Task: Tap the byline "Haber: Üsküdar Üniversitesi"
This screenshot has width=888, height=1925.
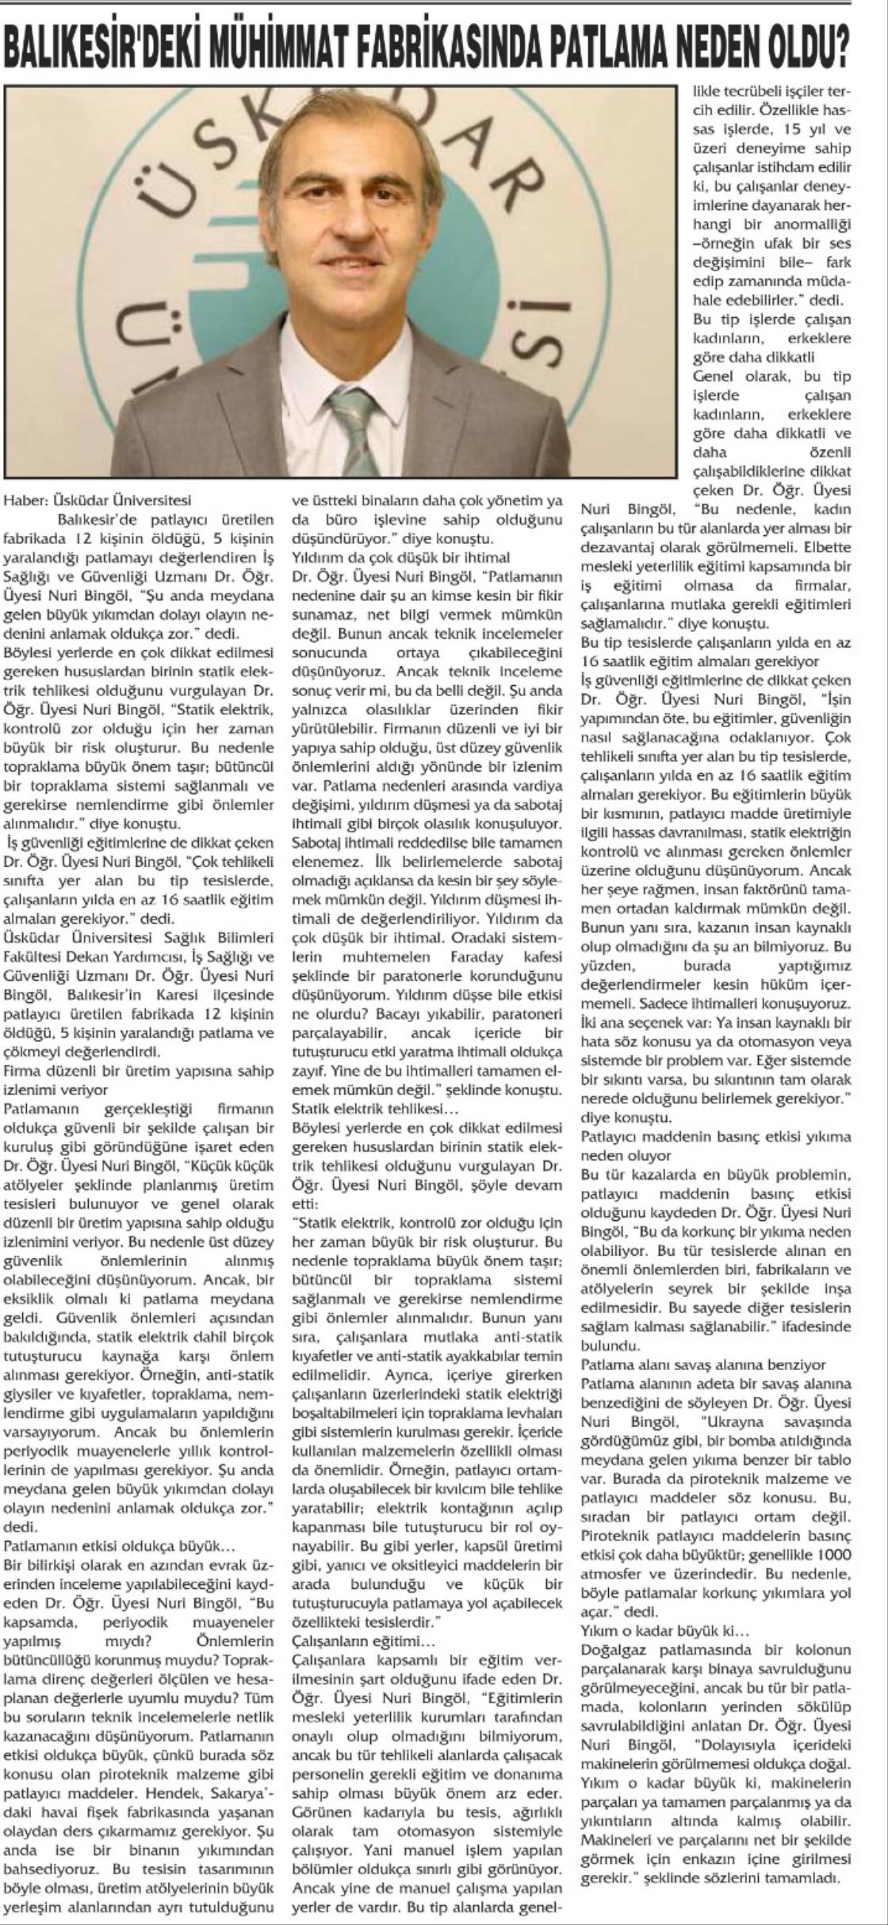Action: pyautogui.click(x=98, y=501)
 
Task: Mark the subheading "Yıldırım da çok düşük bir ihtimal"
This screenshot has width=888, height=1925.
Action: pyautogui.click(x=400, y=556)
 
